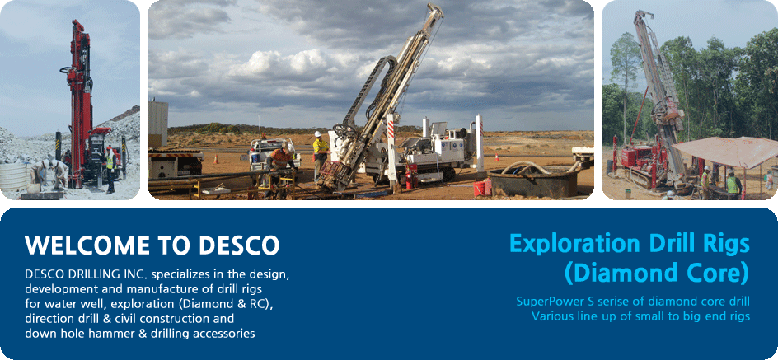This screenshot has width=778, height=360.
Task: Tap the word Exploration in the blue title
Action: click(575, 244)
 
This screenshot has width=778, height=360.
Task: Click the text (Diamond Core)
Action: click(656, 273)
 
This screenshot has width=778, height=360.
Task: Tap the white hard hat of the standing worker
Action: click(318, 134)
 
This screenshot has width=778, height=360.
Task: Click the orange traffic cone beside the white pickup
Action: click(215, 159)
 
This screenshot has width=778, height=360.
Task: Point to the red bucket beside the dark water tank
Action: click(479, 189)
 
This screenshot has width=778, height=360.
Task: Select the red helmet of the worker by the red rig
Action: click(109, 148)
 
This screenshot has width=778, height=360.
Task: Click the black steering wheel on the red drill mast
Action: click(66, 70)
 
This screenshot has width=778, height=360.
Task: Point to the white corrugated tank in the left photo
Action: click(13, 177)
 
